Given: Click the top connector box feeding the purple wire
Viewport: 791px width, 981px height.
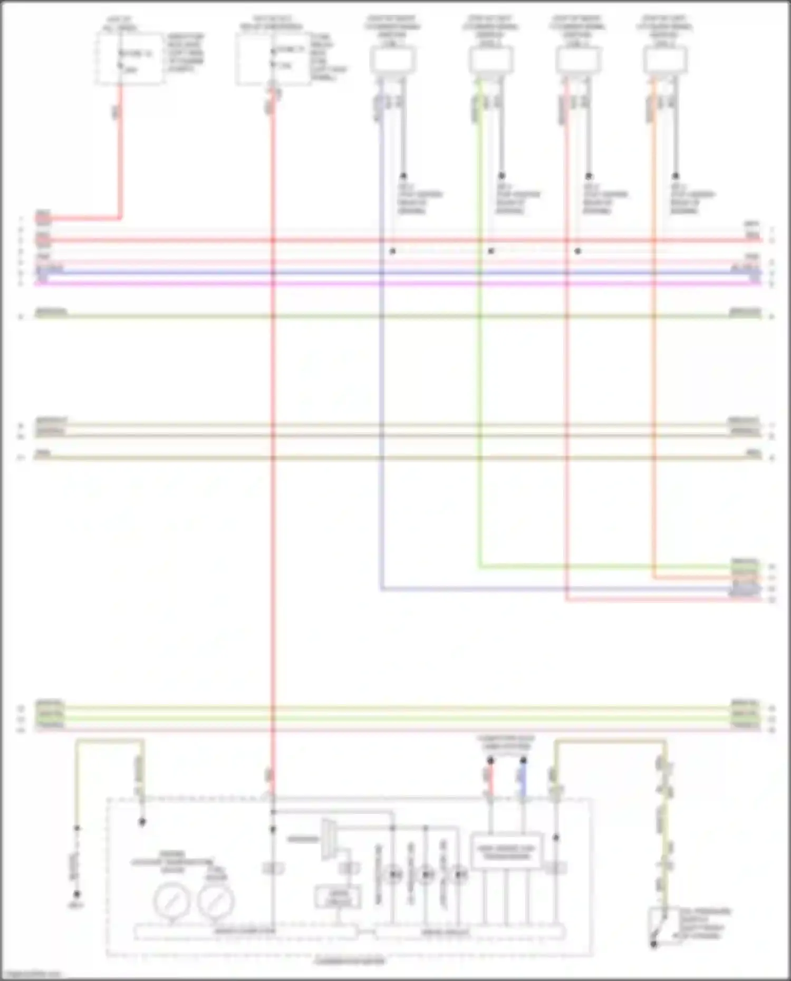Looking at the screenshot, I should [x=393, y=59].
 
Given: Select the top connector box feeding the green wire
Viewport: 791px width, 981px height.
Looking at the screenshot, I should [x=491, y=59].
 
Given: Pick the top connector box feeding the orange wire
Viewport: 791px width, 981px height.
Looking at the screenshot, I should [x=665, y=59].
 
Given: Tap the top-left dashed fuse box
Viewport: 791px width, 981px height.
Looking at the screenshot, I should [x=129, y=58].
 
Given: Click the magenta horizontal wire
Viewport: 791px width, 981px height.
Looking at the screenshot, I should [x=395, y=284].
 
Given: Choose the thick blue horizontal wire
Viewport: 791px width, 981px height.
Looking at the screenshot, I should [x=395, y=273].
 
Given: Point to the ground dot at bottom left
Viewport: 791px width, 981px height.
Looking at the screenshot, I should [x=77, y=895].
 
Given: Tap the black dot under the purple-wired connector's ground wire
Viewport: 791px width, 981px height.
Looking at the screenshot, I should [x=403, y=176].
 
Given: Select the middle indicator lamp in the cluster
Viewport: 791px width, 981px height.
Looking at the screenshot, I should [x=426, y=875].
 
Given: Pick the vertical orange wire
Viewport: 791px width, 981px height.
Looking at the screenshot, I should [x=653, y=343].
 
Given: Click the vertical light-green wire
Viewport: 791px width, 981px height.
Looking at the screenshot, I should [x=479, y=343].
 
